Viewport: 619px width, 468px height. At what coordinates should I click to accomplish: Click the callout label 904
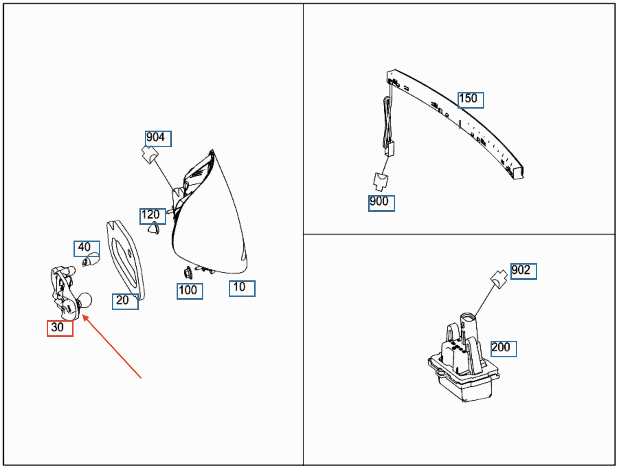(158, 138)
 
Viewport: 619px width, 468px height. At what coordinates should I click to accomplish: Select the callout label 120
(153, 216)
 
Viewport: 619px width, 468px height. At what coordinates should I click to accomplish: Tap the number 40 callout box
(87, 248)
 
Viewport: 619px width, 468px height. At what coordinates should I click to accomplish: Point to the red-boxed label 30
(60, 328)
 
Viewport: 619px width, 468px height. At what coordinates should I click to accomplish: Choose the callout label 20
(125, 302)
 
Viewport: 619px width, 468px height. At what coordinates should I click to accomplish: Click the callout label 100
(190, 291)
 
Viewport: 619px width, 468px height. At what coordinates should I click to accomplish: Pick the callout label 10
(242, 288)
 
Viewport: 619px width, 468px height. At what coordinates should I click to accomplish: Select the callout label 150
(471, 100)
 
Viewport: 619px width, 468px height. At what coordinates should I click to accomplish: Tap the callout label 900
(381, 203)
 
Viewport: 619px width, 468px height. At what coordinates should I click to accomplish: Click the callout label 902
(524, 271)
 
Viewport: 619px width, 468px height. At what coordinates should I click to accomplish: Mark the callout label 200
(504, 349)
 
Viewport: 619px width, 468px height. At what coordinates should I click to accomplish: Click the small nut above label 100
(188, 273)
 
